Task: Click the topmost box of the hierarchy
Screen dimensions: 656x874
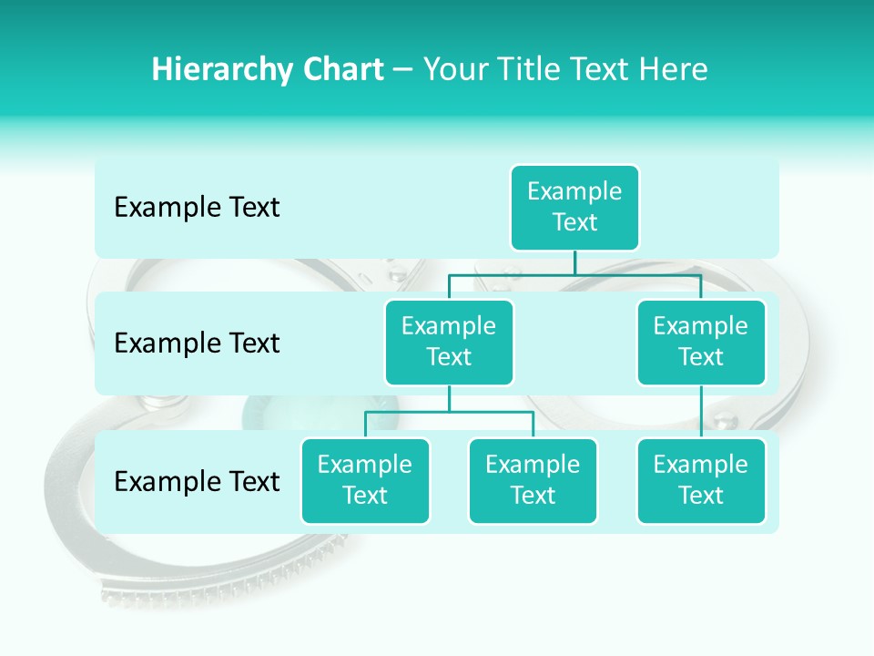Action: (574, 208)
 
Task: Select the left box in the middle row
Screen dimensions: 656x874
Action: (449, 343)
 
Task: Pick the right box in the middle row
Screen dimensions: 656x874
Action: (701, 343)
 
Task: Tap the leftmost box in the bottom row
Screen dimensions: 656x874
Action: (365, 481)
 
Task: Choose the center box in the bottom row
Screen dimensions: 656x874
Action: (533, 481)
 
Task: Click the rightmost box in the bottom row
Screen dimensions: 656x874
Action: (701, 481)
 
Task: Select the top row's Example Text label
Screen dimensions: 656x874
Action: (197, 208)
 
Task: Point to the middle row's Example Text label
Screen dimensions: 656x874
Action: (197, 343)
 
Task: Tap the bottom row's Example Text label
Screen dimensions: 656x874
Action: (197, 481)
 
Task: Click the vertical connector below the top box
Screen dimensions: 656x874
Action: (574, 262)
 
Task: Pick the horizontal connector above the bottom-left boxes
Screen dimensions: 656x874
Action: (449, 412)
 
